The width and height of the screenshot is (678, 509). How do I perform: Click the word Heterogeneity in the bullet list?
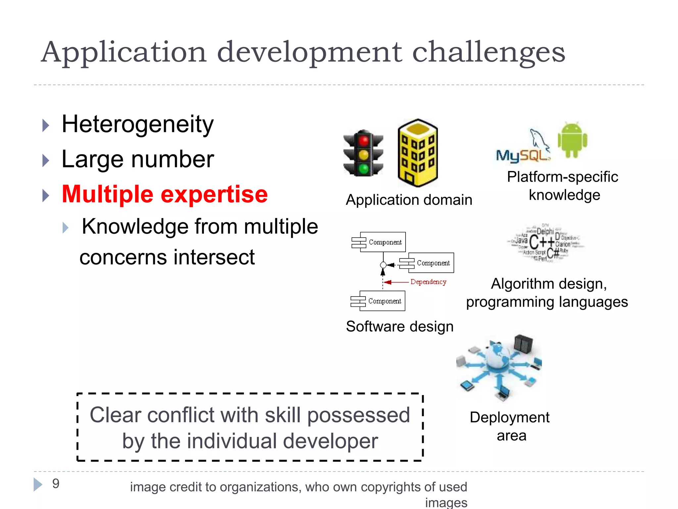click(137, 125)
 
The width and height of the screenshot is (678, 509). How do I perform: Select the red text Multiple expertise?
click(165, 194)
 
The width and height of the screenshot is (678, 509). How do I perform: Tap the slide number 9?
click(56, 484)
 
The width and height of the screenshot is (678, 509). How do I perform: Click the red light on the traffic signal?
click(363, 141)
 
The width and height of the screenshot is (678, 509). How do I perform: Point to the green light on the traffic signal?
click(363, 169)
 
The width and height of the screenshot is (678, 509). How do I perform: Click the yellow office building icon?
click(418, 153)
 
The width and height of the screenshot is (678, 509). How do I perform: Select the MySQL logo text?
click(522, 155)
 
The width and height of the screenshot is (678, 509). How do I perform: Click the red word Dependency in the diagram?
click(428, 282)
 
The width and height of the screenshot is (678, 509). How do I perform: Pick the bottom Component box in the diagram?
click(378, 301)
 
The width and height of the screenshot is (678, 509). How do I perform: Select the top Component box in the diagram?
click(379, 242)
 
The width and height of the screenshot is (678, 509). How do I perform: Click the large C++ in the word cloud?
click(542, 242)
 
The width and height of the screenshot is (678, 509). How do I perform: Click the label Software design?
click(400, 327)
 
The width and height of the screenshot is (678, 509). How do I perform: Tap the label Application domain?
click(409, 200)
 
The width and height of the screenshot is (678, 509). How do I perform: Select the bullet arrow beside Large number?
click(46, 160)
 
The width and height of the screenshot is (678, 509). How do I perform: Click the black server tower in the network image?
click(523, 344)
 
